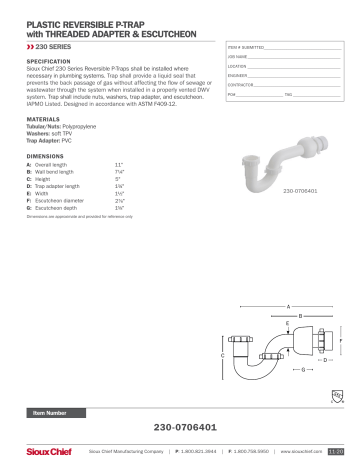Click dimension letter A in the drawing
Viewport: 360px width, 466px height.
tap(288, 303)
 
